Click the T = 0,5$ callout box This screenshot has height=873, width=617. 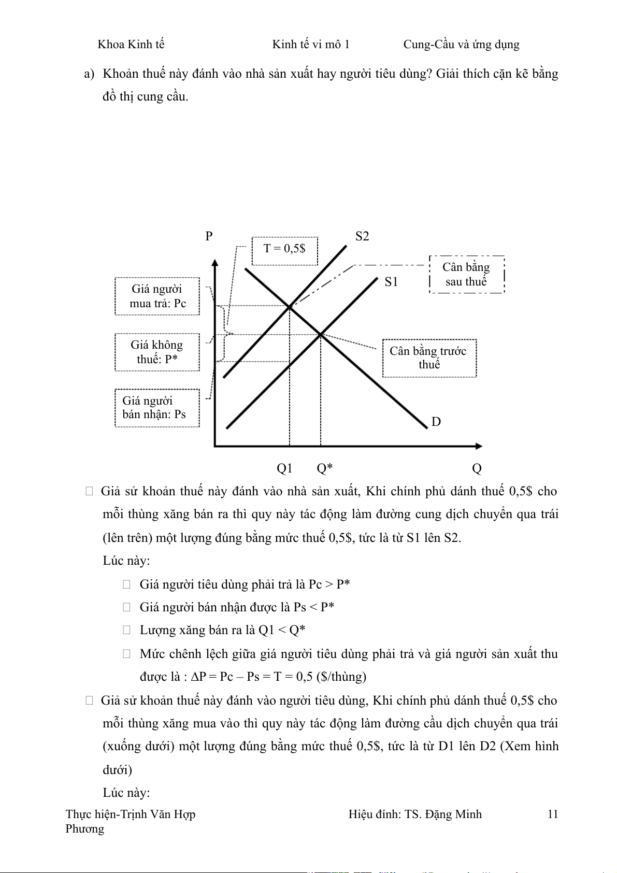(x=284, y=251)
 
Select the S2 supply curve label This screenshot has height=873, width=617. (x=362, y=236)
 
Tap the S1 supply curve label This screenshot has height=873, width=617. (x=391, y=282)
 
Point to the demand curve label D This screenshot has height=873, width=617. (x=436, y=422)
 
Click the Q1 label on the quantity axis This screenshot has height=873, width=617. (x=284, y=468)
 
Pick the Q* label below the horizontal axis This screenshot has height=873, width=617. (x=325, y=468)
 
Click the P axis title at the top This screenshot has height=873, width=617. (x=209, y=236)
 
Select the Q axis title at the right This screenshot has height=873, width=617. (x=477, y=468)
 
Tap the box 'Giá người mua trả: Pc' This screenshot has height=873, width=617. (x=157, y=296)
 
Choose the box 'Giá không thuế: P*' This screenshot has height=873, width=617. (x=157, y=352)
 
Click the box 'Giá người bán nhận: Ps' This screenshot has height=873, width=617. (x=157, y=408)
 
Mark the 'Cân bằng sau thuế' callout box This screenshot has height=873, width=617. (x=466, y=275)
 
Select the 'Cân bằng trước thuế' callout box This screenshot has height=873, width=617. (x=429, y=358)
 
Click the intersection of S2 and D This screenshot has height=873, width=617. (x=290, y=307)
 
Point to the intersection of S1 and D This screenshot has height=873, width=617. (x=321, y=335)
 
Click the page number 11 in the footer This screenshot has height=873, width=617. (x=553, y=814)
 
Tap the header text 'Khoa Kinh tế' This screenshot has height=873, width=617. (x=131, y=45)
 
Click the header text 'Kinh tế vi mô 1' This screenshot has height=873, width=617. (x=311, y=45)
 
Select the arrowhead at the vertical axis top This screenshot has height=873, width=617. (x=215, y=263)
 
